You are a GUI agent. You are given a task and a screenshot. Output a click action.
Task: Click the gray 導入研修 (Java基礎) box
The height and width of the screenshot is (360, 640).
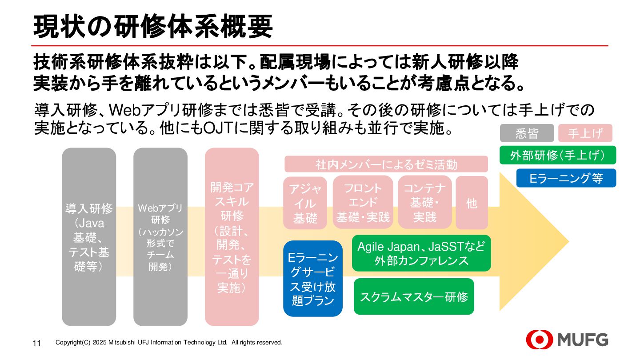click(89, 237)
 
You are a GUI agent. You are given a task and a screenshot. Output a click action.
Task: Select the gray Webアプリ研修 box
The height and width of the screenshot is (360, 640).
click(160, 237)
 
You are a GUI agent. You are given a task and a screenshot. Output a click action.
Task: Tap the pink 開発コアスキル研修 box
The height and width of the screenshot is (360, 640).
click(232, 237)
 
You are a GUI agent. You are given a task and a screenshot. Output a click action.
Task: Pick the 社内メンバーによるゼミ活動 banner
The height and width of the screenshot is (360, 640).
click(386, 164)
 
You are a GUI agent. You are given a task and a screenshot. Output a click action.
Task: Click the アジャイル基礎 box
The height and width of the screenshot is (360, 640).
click(305, 204)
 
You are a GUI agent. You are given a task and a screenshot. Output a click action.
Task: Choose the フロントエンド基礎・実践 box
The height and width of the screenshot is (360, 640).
click(363, 203)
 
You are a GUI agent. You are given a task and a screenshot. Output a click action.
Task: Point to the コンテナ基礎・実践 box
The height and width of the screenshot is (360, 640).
click(425, 203)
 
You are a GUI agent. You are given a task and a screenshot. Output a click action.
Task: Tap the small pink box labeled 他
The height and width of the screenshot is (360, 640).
click(472, 203)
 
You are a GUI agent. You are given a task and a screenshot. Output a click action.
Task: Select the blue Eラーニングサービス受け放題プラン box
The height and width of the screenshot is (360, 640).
click(312, 279)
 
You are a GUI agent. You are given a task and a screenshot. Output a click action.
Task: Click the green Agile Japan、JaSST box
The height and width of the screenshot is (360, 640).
click(421, 253)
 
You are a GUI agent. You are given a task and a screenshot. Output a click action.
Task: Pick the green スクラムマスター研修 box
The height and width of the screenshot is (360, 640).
click(414, 296)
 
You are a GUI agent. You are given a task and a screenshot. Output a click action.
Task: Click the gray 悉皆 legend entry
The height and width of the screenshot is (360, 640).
click(527, 133)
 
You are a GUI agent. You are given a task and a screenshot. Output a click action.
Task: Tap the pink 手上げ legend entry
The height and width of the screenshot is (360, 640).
click(585, 133)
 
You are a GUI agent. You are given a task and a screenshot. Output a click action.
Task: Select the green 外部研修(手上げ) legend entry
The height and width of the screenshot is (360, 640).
click(558, 155)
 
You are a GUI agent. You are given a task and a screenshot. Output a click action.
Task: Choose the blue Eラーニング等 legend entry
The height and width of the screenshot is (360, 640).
click(566, 178)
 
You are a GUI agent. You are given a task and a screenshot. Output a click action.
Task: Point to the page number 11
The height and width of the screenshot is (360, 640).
click(37, 343)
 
